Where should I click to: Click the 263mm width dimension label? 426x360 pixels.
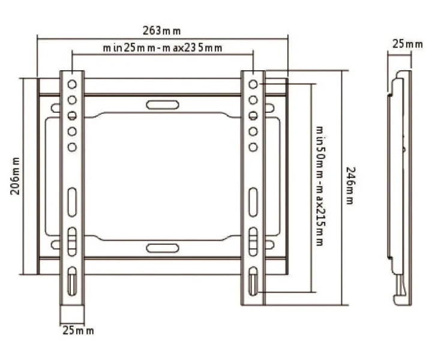[161, 31]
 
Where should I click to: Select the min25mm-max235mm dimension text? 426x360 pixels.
[163, 48]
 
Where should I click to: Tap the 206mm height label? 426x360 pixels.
[15, 176]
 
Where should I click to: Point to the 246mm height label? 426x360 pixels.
[350, 185]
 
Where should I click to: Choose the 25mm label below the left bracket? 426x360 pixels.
[78, 331]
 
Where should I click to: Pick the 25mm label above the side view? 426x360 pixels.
[407, 44]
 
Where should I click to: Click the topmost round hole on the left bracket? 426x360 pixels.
[72, 85]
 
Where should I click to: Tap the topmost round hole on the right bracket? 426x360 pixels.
[253, 85]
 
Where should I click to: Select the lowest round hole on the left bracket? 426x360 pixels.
[72, 147]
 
